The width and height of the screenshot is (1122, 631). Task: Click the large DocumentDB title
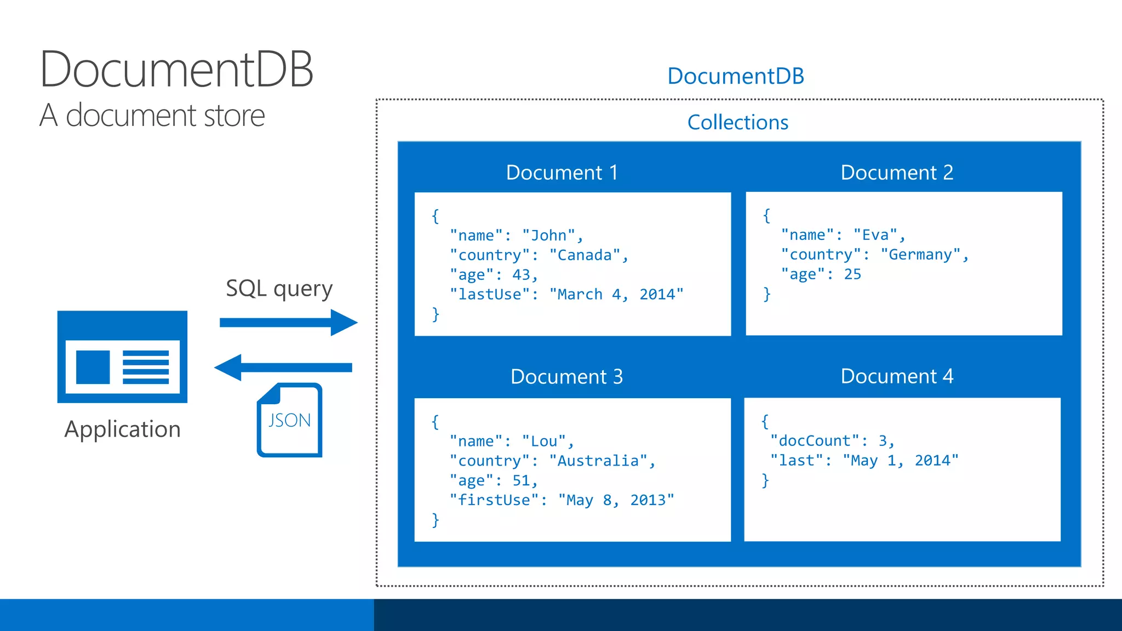(176, 70)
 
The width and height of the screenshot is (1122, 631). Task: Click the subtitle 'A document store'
(152, 116)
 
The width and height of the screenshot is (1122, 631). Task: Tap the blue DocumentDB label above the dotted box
(735, 76)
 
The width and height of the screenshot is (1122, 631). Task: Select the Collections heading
(737, 122)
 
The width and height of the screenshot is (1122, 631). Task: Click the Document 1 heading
(562, 173)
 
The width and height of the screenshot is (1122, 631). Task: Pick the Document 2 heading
(897, 173)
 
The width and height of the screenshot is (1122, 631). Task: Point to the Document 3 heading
(566, 377)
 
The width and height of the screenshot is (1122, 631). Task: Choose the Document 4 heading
(897, 376)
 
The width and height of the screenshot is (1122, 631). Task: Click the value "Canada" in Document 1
(585, 255)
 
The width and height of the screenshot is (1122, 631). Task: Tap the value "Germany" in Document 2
(920, 255)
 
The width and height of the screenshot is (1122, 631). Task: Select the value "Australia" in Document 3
(598, 461)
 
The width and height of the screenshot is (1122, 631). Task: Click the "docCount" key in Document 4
(815, 441)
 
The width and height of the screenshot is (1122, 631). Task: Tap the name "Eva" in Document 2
(875, 235)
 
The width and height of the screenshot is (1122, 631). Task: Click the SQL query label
(279, 289)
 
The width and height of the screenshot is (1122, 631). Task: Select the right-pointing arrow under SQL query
(288, 323)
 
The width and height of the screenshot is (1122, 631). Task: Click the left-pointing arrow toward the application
(283, 368)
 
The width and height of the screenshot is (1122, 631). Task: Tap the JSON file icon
(289, 420)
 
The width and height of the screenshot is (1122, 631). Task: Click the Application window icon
(122, 357)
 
